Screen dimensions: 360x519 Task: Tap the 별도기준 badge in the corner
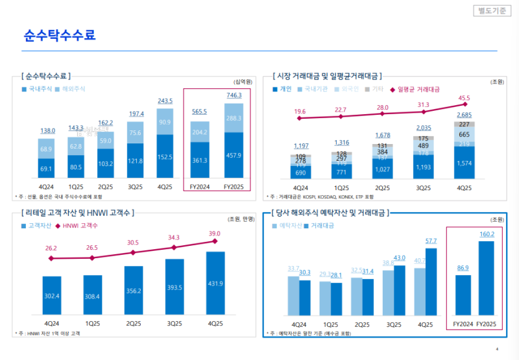click(x=490, y=11)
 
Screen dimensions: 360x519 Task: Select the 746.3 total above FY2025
click(x=234, y=95)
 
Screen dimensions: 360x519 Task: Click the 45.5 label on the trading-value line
click(x=465, y=99)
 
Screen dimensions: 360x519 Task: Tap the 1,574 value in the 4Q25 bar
click(x=465, y=163)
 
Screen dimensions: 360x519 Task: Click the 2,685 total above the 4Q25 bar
click(x=465, y=115)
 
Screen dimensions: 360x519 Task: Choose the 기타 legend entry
click(x=376, y=88)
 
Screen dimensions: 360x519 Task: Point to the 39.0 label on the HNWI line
click(x=214, y=234)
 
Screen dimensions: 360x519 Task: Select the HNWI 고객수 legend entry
click(x=80, y=226)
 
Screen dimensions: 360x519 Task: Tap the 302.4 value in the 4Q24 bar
click(x=51, y=297)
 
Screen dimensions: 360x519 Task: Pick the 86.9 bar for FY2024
click(x=463, y=295)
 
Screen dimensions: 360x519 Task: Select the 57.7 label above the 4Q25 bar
click(x=431, y=241)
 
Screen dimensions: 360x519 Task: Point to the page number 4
click(x=496, y=349)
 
